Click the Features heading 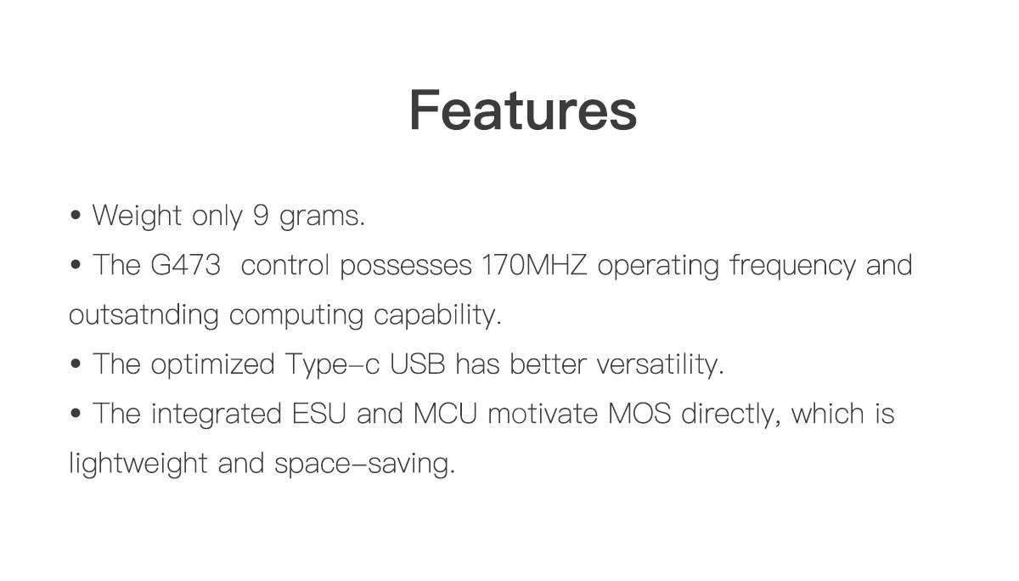point(523,110)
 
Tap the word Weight point(137,216)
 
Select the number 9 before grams point(261,215)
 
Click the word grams point(322,217)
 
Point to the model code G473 point(186,265)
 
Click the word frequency point(792,266)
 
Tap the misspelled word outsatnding point(144,314)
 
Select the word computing point(296,316)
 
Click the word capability point(437,314)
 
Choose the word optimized point(212,365)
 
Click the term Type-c point(332,365)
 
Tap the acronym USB point(417,364)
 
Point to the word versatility point(660,365)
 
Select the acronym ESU point(319,414)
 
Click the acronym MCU point(445,414)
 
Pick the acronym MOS point(639,414)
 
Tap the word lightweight point(138,464)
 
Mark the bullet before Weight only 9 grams point(76,215)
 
